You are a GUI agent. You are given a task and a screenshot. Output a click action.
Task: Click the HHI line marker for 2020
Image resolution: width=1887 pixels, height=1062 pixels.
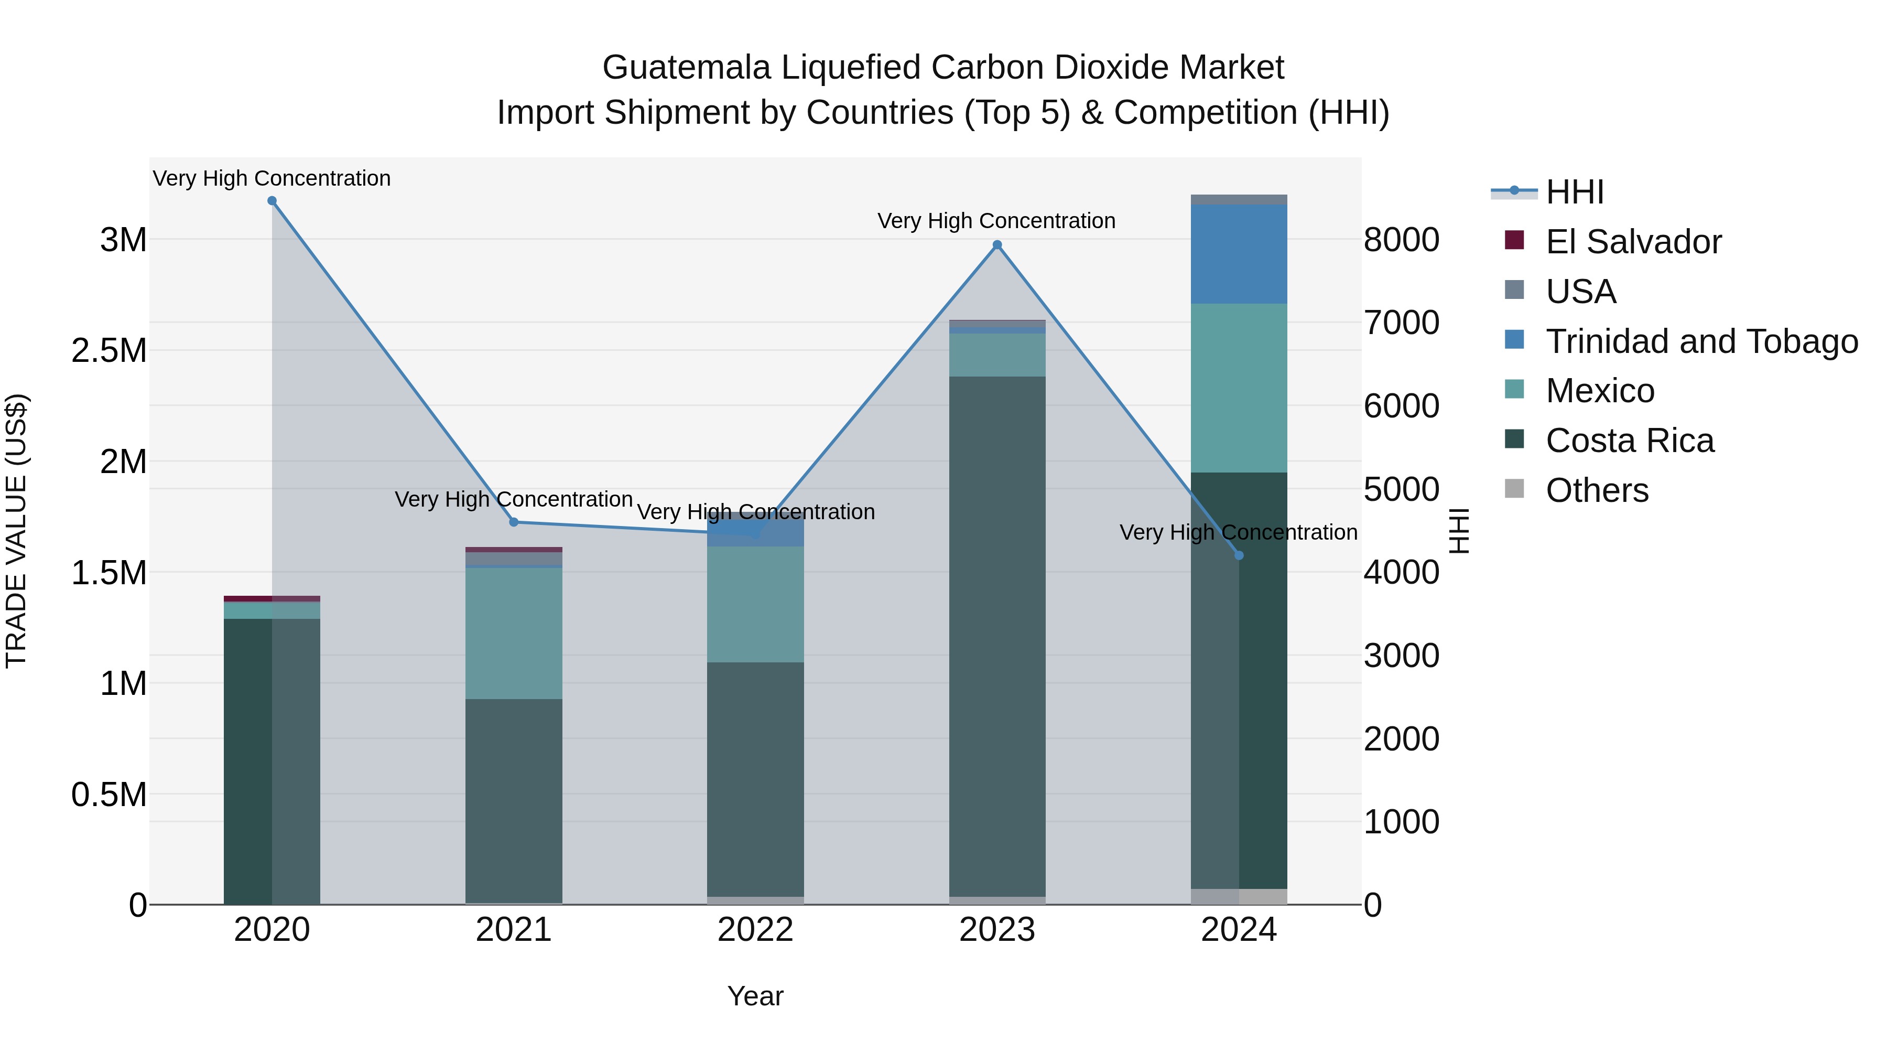point(272,201)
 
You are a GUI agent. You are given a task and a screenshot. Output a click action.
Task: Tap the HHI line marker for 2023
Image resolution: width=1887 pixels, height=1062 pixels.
point(997,245)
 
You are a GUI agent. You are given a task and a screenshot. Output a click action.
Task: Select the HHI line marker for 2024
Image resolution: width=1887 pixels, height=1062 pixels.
point(1239,555)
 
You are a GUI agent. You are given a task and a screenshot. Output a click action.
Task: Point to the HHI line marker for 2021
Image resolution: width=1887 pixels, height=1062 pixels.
point(514,522)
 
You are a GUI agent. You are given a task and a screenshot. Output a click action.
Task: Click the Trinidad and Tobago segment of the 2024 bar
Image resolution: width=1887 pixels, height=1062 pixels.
point(1239,254)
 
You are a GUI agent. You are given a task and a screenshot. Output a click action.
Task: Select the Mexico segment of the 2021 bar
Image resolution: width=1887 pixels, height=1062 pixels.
point(514,633)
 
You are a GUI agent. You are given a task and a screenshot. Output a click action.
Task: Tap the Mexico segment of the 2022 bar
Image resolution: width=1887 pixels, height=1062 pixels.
point(755,604)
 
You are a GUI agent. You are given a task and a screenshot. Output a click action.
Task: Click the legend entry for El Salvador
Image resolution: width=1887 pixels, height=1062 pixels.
point(1633,242)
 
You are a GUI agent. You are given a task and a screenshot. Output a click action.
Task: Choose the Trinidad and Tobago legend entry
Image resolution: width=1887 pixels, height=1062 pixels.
point(1701,341)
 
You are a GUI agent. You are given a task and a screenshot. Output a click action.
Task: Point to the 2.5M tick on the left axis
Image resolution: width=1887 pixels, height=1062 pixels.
point(109,350)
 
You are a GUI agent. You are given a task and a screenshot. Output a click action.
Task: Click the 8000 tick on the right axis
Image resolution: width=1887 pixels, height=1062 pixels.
point(1401,240)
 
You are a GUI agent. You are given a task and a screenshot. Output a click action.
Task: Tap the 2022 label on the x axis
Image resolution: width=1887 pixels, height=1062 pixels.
point(755,930)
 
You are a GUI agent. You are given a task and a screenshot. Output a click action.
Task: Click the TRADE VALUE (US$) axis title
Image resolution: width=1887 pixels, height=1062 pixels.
point(16,531)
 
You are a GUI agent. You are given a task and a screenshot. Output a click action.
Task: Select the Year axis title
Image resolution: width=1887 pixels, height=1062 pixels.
point(755,996)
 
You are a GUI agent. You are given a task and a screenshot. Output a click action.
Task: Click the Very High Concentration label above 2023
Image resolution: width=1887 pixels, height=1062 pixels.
point(996,221)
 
